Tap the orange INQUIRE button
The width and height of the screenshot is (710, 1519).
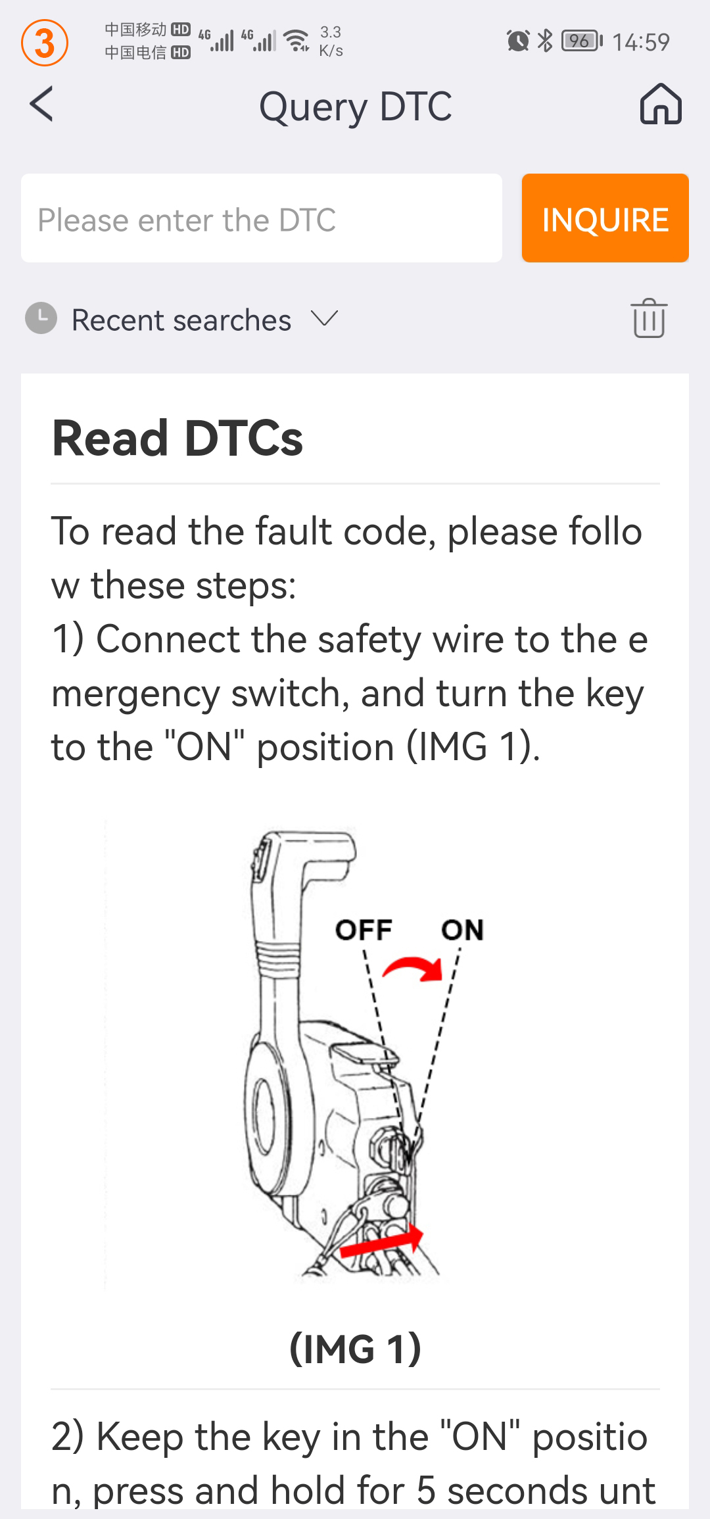click(605, 218)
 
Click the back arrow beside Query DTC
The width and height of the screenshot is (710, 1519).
click(41, 105)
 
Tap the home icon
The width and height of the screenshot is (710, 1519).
click(661, 105)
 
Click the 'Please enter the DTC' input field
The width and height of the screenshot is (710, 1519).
click(262, 218)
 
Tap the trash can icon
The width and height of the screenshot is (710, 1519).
click(649, 318)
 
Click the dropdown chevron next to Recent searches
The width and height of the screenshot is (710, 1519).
click(325, 319)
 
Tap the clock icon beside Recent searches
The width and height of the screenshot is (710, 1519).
click(41, 318)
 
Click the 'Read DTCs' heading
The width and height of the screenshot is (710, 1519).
click(177, 439)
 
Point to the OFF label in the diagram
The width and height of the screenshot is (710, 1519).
click(364, 930)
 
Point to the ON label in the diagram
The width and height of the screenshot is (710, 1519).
click(462, 930)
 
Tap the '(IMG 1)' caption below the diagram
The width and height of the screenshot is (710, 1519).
click(355, 1349)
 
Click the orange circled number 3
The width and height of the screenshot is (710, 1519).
click(45, 43)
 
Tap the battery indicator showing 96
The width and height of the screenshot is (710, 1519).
click(582, 41)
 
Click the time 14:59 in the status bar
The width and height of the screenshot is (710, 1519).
click(641, 42)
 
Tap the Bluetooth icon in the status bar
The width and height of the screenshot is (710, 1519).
click(545, 41)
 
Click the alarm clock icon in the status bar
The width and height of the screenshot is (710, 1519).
click(518, 41)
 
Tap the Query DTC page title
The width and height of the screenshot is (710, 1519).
click(356, 107)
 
